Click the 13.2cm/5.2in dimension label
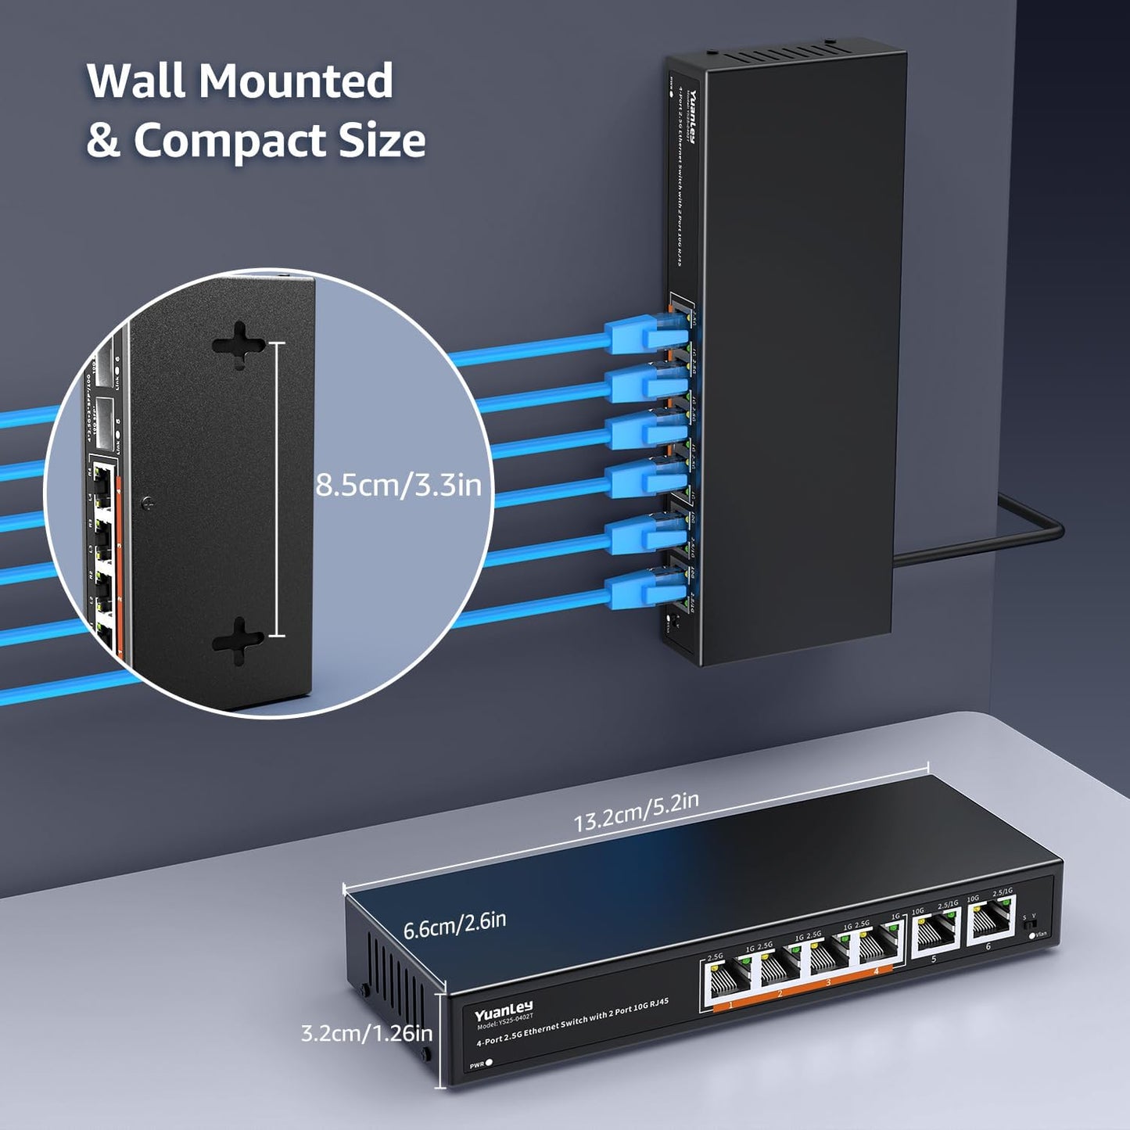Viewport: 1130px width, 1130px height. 636,812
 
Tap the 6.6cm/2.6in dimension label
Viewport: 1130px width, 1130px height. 454,925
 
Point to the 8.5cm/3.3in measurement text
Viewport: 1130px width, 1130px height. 398,486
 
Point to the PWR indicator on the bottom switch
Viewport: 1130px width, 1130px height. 489,1063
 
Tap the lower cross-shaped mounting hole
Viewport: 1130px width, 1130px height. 239,638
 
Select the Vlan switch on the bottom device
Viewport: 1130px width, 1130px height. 1029,925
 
